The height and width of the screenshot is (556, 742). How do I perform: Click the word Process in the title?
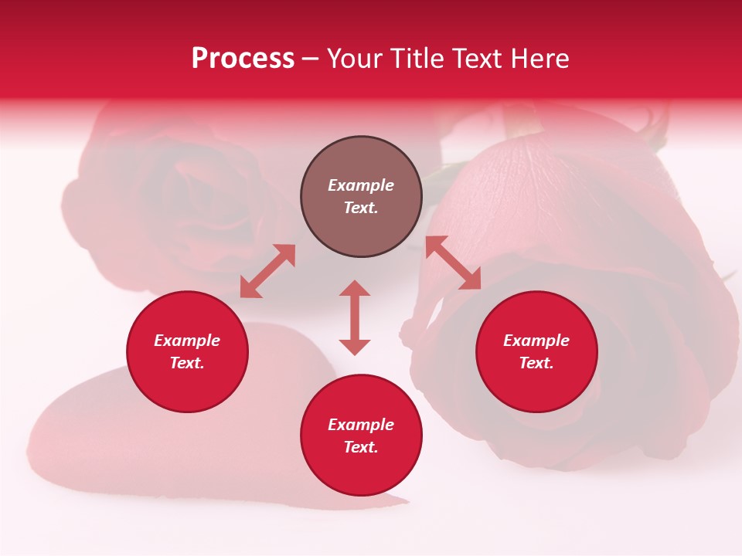243,59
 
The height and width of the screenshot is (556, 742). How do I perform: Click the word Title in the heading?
415,59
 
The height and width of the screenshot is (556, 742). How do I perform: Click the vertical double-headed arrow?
355,317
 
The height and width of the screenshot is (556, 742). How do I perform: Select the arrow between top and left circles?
267,271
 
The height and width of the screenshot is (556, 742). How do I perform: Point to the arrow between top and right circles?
454,263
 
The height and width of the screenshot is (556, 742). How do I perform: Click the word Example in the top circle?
361,185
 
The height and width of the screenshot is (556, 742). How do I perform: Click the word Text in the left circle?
187,363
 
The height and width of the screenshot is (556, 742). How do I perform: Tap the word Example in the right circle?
536,341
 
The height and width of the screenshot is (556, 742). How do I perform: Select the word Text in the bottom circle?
361,447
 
